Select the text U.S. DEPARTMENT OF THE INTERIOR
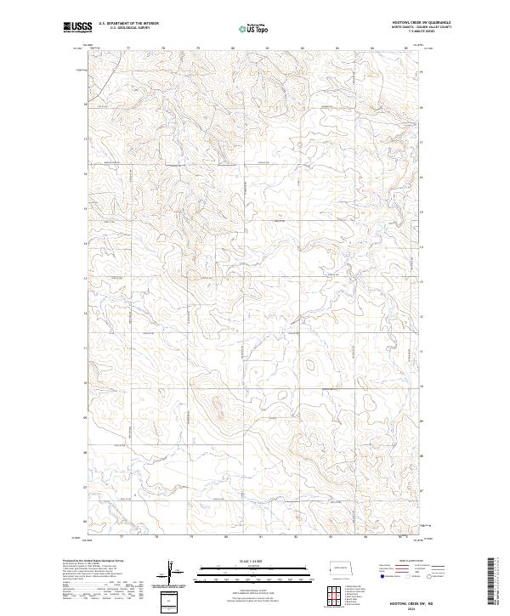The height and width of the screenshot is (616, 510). (x=128, y=23)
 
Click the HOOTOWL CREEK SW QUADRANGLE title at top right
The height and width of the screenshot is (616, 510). (x=422, y=22)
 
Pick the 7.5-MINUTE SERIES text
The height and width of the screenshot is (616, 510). (x=422, y=32)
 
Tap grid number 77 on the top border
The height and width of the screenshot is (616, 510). (x=127, y=48)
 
